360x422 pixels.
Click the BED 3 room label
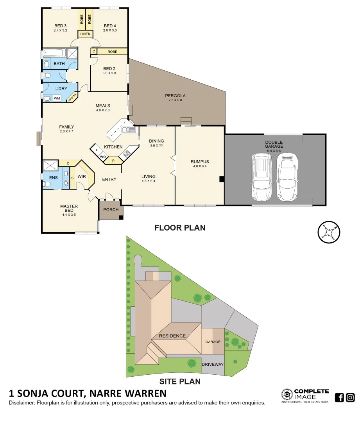coord(60,26)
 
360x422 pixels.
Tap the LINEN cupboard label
coord(85,34)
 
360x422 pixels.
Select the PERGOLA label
coord(175,96)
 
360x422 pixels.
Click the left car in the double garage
coord(261,176)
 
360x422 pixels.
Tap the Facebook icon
coord(339,398)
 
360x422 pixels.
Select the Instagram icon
coord(350,398)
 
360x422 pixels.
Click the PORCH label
coord(111,210)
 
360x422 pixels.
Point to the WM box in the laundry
coord(57,98)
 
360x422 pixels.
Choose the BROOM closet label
coord(72,98)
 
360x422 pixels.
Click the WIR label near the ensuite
coord(82,177)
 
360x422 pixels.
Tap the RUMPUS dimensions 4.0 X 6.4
coord(199,166)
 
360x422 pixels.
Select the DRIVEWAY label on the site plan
coord(213,364)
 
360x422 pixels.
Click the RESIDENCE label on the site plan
coord(172,336)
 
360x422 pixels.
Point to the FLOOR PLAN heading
coord(180,228)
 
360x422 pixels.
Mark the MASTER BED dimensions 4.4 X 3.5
coord(69,215)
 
